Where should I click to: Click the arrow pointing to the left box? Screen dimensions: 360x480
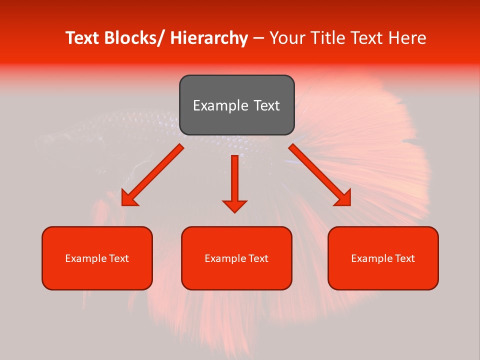[x=152, y=175]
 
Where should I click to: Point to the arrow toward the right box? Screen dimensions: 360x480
[x=320, y=175]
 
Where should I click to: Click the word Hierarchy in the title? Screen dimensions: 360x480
[x=209, y=38]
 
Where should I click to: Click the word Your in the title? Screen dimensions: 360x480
[x=287, y=38]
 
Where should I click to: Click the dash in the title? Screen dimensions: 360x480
[x=258, y=38]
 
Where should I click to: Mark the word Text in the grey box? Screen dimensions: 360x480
[x=265, y=105]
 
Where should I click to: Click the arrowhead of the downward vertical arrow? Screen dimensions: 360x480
[x=234, y=206]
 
